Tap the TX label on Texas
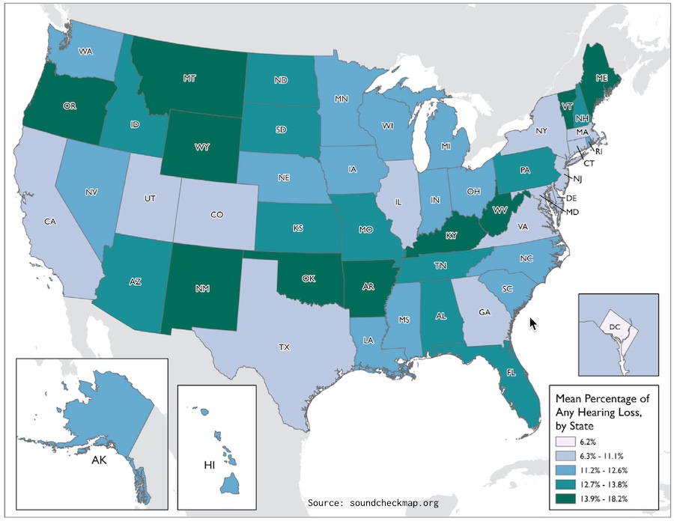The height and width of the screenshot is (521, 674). pyautogui.click(x=285, y=347)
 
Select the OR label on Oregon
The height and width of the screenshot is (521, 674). pyautogui.click(x=71, y=106)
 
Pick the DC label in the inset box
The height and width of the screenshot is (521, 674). pyautogui.click(x=614, y=326)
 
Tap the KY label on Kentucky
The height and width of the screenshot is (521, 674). pyautogui.click(x=452, y=236)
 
